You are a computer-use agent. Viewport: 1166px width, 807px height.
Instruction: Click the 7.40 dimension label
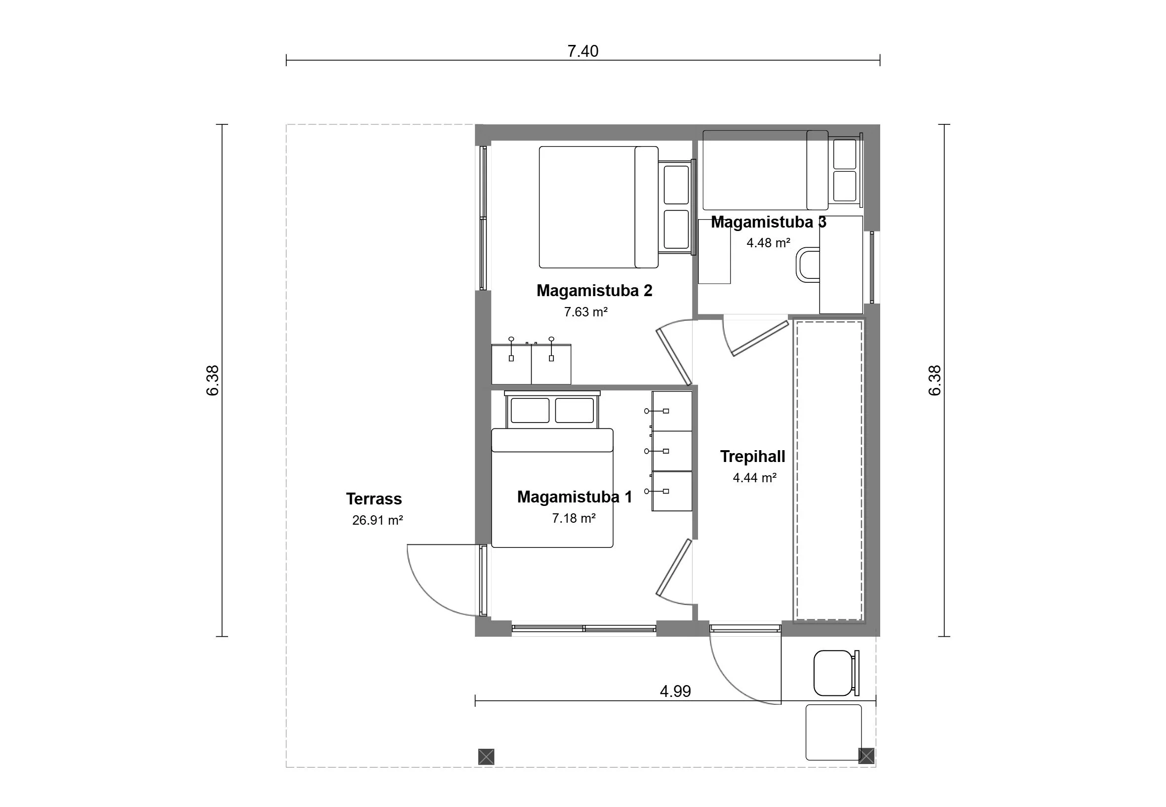click(583, 51)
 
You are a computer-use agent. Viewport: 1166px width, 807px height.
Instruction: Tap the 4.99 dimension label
click(675, 691)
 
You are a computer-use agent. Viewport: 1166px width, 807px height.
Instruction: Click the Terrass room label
click(374, 499)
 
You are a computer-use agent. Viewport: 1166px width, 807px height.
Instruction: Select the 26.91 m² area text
click(377, 520)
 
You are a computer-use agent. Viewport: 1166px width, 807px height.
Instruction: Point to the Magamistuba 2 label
click(594, 290)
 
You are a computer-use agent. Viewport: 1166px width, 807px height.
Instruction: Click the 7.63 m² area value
click(585, 311)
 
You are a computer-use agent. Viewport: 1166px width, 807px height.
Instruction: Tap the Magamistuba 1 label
click(575, 497)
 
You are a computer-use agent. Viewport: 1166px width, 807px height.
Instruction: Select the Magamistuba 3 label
click(769, 222)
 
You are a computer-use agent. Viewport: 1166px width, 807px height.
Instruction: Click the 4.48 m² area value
click(768, 243)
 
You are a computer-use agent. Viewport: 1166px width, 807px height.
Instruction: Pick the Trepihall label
click(752, 456)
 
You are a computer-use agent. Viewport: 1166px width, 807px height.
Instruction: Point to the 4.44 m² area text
click(754, 477)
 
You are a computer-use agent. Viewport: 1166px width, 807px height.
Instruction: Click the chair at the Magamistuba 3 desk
click(808, 265)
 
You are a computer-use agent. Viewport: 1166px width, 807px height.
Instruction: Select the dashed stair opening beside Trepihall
click(829, 470)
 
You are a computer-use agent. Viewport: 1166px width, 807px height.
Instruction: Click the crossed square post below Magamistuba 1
click(486, 770)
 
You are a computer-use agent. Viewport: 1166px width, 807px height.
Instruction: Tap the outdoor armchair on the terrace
click(836, 673)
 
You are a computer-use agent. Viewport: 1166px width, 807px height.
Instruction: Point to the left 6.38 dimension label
click(213, 380)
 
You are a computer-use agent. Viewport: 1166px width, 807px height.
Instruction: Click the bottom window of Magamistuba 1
click(584, 628)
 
